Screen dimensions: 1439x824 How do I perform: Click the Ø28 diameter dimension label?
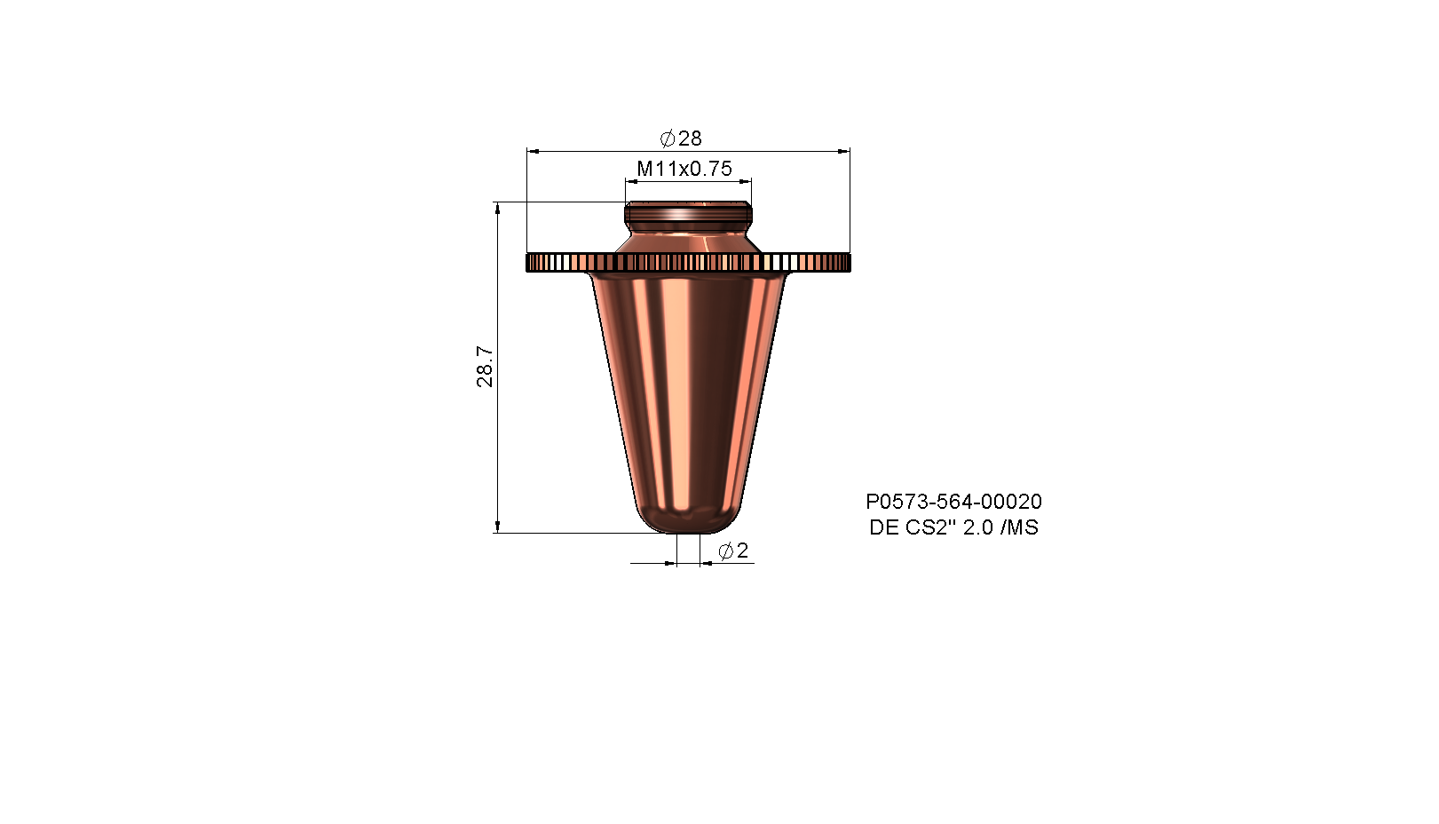pos(681,139)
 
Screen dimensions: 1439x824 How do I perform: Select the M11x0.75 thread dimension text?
pos(684,169)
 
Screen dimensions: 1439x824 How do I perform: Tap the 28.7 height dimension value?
pos(485,367)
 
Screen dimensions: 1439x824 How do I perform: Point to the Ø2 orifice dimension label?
pos(733,551)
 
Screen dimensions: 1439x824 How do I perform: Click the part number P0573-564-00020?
pos(954,502)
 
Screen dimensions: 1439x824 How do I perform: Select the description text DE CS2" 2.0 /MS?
pos(954,527)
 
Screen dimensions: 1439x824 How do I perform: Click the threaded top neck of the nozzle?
pos(688,213)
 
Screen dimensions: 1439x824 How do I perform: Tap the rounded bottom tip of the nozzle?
pos(688,520)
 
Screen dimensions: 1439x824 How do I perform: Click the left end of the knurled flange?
pos(528,262)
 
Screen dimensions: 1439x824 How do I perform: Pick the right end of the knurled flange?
pos(849,262)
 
